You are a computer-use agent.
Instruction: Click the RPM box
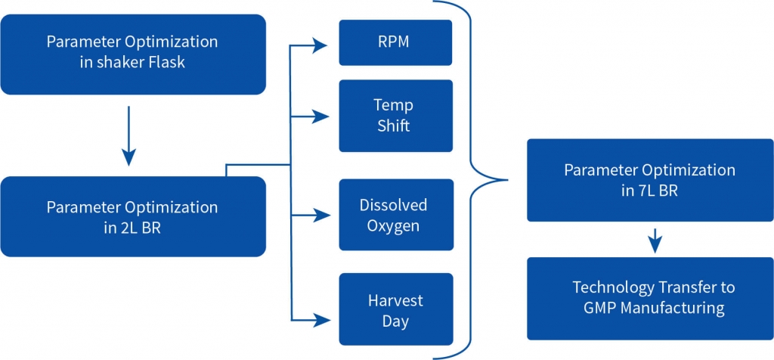tap(395, 42)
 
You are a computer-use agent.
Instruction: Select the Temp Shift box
tap(395, 116)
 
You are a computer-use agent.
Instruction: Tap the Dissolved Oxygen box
tap(396, 215)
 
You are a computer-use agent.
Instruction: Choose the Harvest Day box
tap(396, 309)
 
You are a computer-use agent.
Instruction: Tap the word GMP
tap(599, 307)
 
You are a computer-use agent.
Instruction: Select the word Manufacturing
tap(672, 308)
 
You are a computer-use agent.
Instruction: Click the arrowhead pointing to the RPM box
tap(321, 46)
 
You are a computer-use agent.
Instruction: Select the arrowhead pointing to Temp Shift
tap(322, 117)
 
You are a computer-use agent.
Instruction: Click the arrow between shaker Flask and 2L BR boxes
tap(128, 135)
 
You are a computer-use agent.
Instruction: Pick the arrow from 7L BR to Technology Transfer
tap(655, 241)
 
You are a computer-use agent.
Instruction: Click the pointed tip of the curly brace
tap(507, 180)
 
